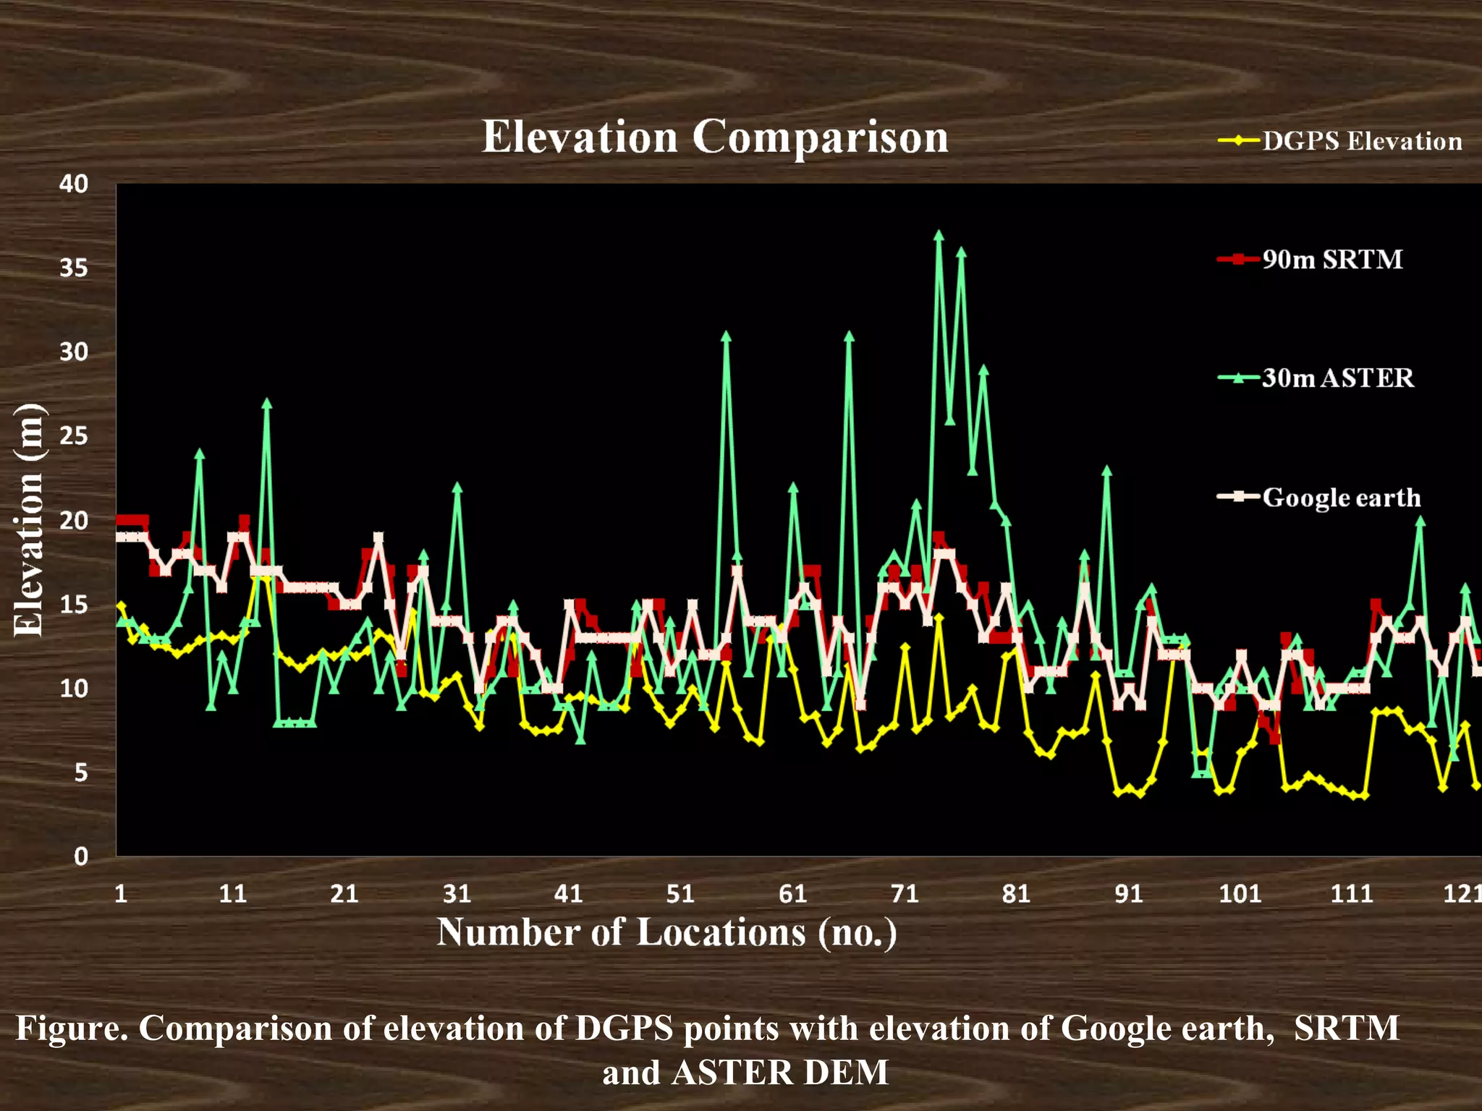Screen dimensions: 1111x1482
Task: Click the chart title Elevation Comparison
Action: (x=715, y=137)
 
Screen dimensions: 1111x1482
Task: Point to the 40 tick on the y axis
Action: (x=74, y=184)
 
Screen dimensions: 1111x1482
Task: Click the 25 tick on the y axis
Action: (x=74, y=436)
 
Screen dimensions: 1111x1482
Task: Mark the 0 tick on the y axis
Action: (x=80, y=856)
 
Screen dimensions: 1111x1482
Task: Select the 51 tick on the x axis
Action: (x=680, y=894)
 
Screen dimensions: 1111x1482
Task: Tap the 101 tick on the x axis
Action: (x=1240, y=894)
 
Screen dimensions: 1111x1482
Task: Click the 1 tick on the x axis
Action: (x=121, y=894)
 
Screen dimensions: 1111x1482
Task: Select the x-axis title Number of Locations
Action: (x=666, y=932)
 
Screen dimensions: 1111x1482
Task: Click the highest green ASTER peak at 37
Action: (x=939, y=236)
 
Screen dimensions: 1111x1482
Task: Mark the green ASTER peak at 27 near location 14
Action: (x=267, y=403)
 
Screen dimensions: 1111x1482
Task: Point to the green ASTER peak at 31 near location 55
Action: (x=726, y=336)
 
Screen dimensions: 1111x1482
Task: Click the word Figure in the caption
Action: (x=71, y=1028)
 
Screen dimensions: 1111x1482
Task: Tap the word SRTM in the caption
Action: (x=1347, y=1028)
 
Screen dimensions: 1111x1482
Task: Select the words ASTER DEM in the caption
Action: (x=780, y=1072)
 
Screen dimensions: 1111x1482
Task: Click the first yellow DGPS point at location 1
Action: (x=121, y=605)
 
